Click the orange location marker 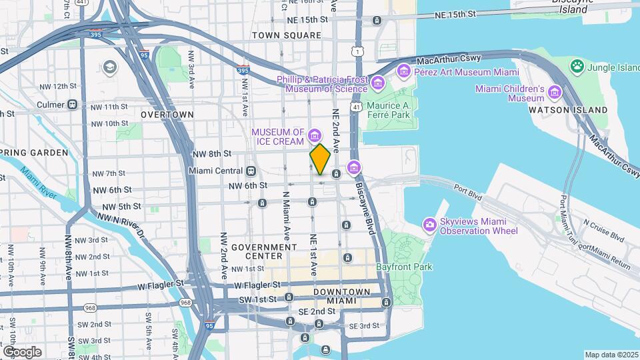[320, 159]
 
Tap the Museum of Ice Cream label [278, 137]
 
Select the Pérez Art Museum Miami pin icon [403, 71]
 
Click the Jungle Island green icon [576, 66]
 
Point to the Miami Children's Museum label [519, 93]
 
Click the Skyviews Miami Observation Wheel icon [431, 226]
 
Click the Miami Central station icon [251, 171]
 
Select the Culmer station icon [72, 105]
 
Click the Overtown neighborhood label [167, 115]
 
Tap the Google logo [22, 352]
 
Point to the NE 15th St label [458, 14]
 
